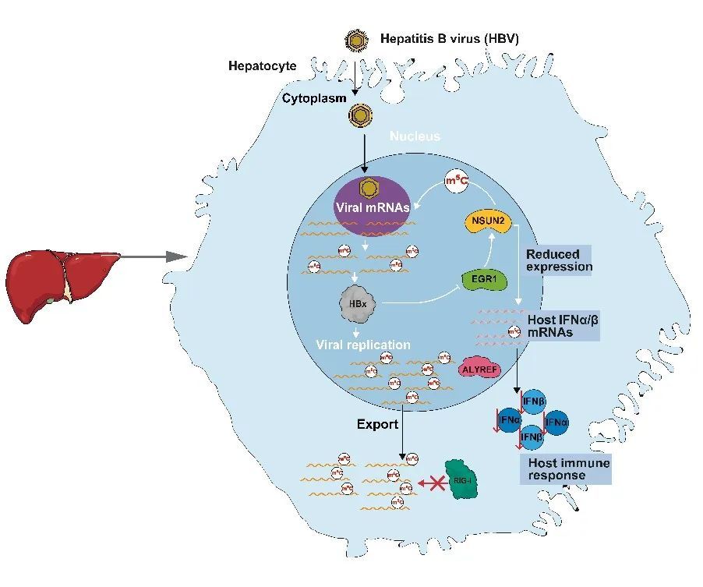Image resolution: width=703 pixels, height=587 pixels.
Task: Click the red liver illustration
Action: click(x=62, y=281)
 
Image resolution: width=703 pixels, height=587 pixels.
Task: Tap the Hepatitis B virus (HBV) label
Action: click(x=449, y=38)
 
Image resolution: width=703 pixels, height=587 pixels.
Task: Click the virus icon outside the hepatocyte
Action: click(x=358, y=39)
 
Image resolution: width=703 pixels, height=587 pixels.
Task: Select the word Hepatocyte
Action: click(x=262, y=66)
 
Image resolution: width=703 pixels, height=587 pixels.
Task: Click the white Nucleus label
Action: click(x=415, y=136)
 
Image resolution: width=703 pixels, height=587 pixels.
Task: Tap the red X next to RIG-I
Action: click(x=429, y=483)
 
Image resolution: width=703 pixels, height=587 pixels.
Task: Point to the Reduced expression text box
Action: click(x=559, y=260)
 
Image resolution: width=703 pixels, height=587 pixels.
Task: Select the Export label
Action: click(x=378, y=425)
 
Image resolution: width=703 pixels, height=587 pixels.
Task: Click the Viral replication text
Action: click(x=363, y=345)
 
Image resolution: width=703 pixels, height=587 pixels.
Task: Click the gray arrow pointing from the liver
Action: click(x=156, y=256)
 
